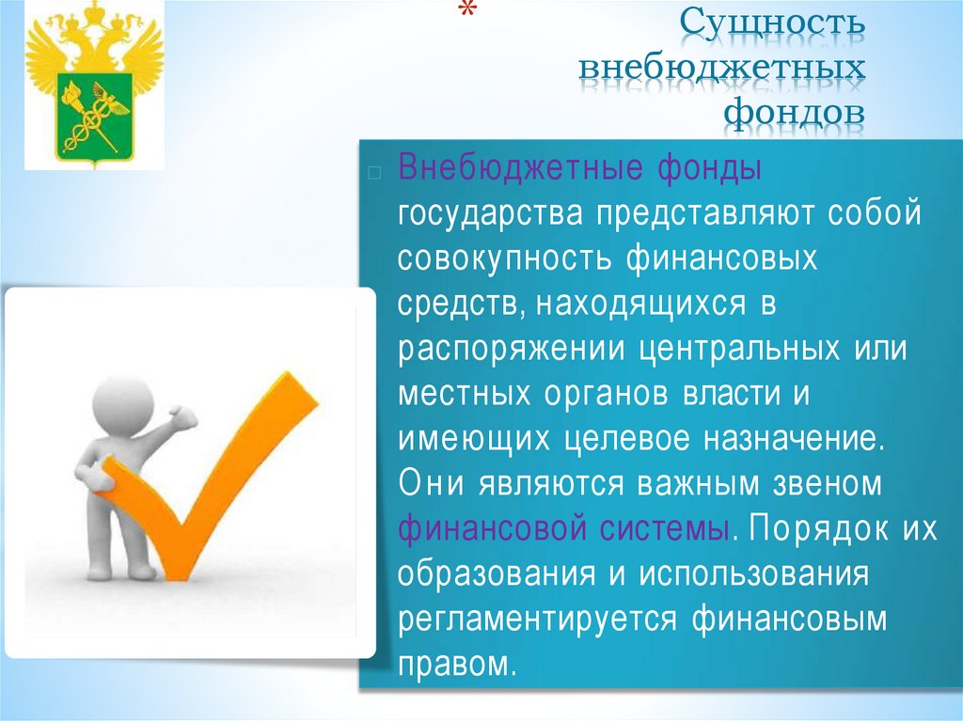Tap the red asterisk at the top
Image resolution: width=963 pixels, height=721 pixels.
coord(466,12)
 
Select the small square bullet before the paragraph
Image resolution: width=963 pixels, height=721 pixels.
coord(373,172)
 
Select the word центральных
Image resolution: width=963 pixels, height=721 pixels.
coord(739,349)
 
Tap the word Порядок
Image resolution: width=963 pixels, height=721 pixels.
coord(813,528)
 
